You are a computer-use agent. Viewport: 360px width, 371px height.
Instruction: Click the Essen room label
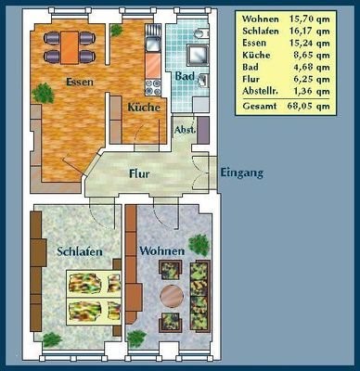(80, 82)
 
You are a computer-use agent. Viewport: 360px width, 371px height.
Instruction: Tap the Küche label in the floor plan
(144, 108)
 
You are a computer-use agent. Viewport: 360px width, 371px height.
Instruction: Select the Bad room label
(185, 76)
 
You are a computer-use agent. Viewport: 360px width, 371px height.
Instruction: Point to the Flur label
(139, 173)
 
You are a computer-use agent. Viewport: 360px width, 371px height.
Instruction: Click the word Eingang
(242, 173)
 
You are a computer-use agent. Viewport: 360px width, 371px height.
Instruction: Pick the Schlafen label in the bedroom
(80, 251)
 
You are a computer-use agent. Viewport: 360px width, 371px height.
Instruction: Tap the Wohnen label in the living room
(161, 250)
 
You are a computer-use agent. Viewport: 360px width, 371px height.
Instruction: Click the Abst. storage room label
(185, 130)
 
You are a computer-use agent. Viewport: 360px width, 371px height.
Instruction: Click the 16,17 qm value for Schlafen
(310, 32)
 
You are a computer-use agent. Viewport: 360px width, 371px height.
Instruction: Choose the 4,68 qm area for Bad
(312, 67)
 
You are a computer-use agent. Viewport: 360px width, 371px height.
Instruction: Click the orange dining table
(70, 47)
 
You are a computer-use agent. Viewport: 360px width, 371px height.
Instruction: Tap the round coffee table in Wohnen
(172, 296)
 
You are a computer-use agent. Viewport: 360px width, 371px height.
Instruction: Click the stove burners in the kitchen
(153, 87)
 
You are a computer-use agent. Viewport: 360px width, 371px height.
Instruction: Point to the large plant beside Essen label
(44, 93)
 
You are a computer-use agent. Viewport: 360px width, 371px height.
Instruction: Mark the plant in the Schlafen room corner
(52, 339)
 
